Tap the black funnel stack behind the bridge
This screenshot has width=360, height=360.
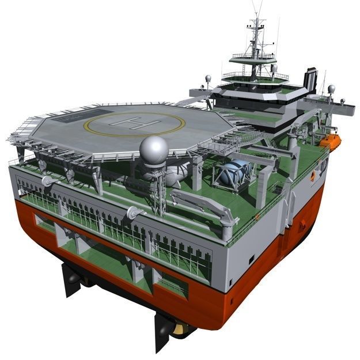tap(311, 79)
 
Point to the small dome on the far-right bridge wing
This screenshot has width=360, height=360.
tap(331, 89)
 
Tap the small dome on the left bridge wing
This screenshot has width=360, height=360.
tap(208, 78)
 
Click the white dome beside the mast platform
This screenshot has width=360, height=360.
tap(275, 68)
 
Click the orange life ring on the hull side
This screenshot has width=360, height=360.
tap(312, 176)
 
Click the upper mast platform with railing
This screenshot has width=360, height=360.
tap(253, 57)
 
